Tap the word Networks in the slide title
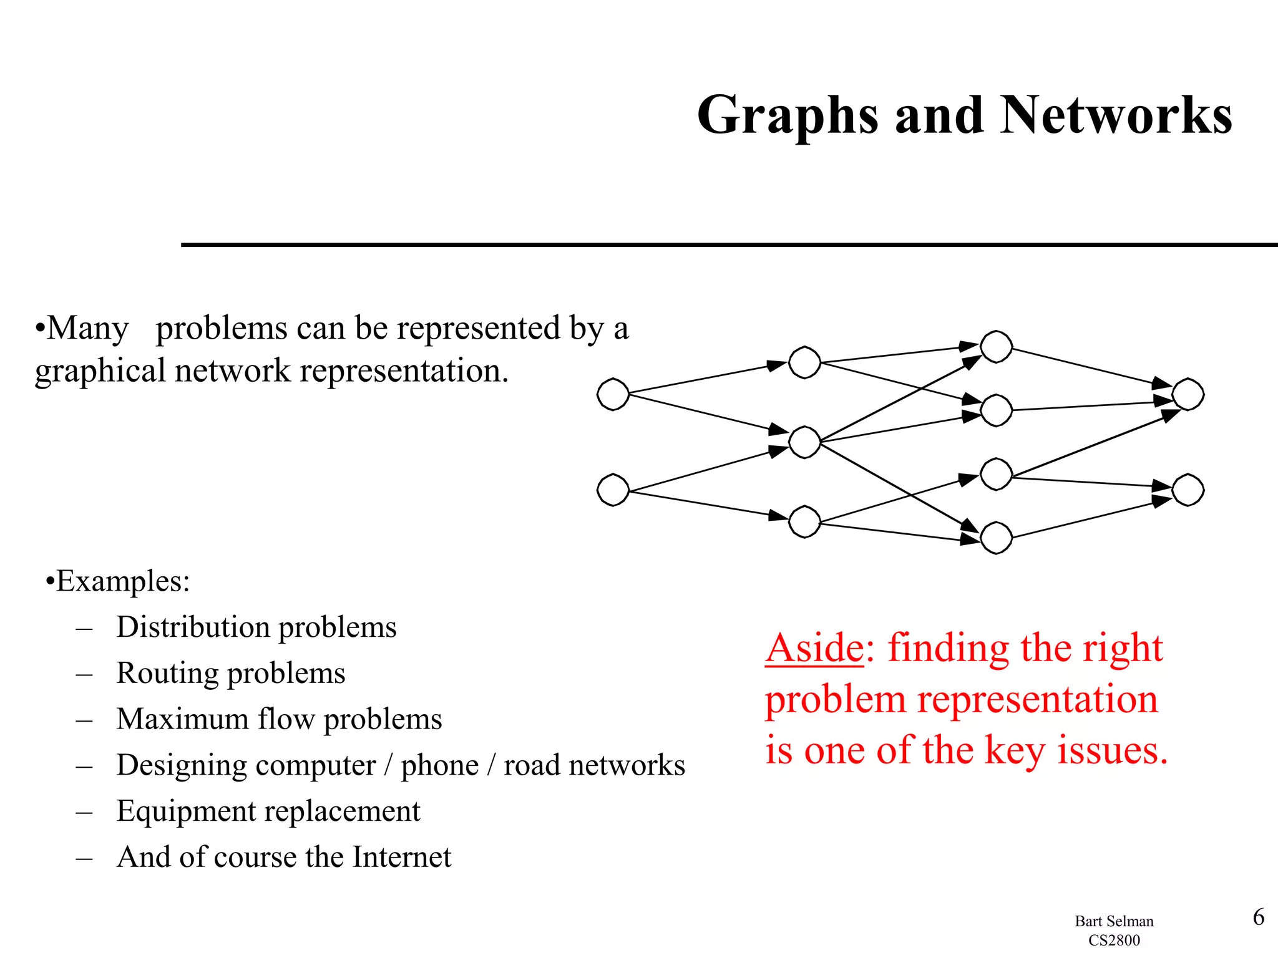1116,116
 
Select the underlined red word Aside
814,648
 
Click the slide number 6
1259,917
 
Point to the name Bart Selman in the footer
1114,921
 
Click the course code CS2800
1114,940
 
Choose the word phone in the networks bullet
439,765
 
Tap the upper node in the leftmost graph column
613,394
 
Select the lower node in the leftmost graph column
613,490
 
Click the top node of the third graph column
996,347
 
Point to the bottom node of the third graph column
996,538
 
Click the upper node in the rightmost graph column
1188,394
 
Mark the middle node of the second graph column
804,442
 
